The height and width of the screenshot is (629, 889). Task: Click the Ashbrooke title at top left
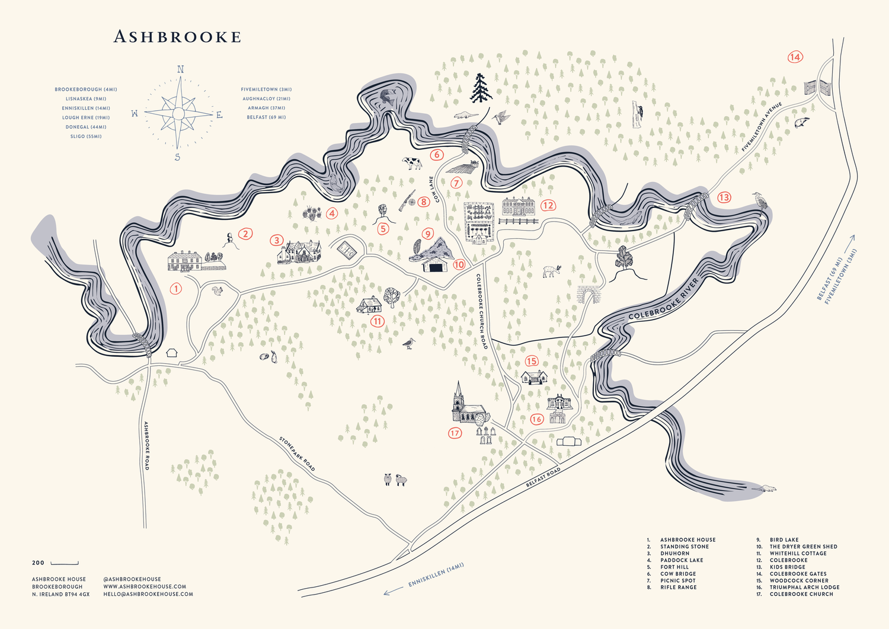click(177, 37)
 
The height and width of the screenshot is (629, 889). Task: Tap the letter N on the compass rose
click(181, 70)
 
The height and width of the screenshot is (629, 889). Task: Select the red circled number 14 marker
click(795, 57)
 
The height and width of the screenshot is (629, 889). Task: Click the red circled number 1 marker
click(175, 289)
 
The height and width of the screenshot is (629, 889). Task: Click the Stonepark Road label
click(297, 454)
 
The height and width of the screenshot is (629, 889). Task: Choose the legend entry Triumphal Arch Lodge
click(804, 587)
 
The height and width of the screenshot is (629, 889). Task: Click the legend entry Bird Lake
click(784, 539)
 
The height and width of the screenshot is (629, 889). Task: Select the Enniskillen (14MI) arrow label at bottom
click(436, 575)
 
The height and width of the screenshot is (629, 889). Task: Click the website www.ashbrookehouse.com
click(145, 586)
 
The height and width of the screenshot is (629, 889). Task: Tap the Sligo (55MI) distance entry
click(86, 136)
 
